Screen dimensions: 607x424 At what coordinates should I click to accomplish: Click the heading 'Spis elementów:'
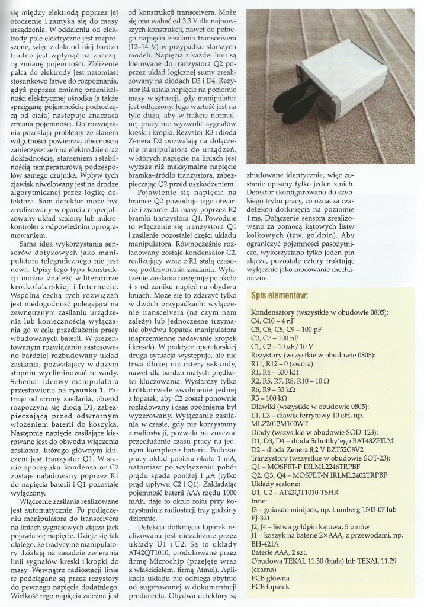[x=287, y=296]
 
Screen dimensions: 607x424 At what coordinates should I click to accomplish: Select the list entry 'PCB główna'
[x=272, y=591]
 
